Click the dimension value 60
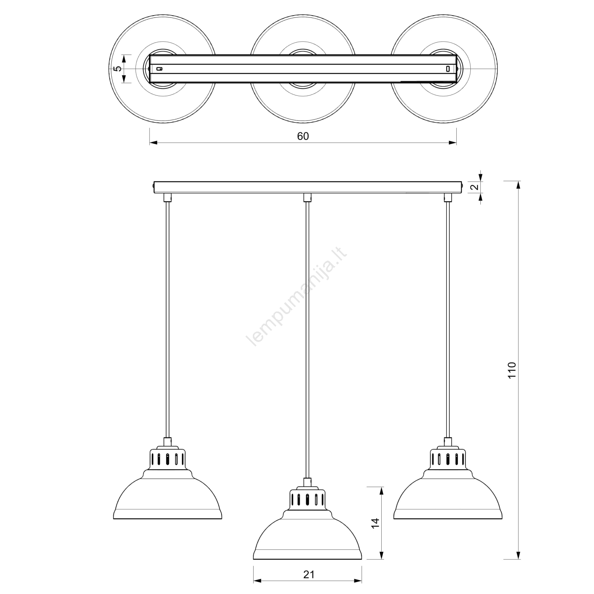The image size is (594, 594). (x=303, y=136)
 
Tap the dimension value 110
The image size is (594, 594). (x=512, y=370)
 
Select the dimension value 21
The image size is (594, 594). (x=309, y=575)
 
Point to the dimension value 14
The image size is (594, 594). (x=376, y=523)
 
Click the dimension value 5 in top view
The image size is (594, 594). (x=117, y=69)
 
